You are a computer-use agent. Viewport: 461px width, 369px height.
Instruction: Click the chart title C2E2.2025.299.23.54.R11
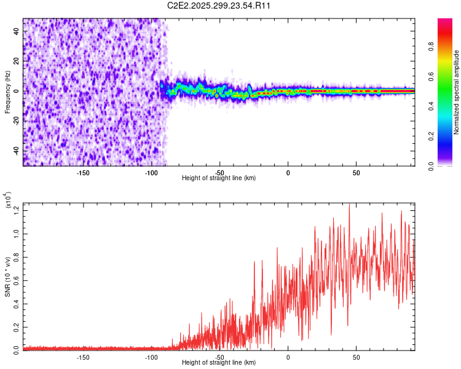219,6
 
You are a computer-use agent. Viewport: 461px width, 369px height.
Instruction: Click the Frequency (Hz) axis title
7,92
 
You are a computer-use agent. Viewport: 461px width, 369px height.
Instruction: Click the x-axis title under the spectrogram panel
219,178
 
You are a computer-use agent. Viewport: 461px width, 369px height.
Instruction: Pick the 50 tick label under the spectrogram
356,172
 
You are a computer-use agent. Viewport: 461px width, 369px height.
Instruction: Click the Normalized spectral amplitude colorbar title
456,92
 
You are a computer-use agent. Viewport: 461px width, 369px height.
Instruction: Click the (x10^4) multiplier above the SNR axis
7,200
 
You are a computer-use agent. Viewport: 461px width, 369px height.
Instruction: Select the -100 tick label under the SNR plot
151,357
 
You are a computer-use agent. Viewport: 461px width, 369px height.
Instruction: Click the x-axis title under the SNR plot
219,363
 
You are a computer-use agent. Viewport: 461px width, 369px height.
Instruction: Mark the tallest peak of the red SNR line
349,204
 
